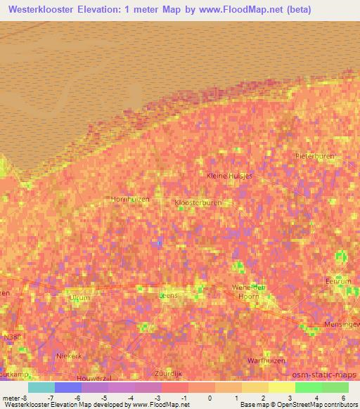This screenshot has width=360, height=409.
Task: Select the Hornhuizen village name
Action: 130,199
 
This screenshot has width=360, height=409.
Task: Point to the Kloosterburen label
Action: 198,202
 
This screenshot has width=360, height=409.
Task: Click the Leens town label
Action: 169,296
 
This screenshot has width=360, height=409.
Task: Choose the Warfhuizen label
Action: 266,361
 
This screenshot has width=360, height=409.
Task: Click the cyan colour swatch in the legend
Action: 41,387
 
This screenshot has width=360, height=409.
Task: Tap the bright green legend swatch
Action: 308,387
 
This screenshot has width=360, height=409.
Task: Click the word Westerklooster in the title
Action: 48,9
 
